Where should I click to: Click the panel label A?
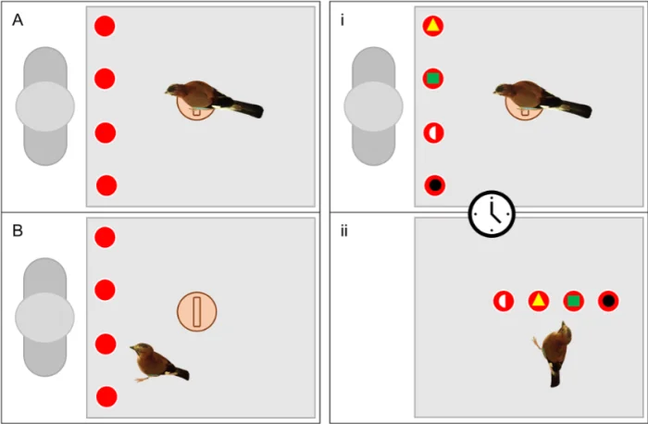click(x=18, y=19)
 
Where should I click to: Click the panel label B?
click(x=18, y=231)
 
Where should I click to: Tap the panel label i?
click(x=343, y=19)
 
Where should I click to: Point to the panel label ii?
click(x=343, y=231)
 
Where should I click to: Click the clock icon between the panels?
click(x=492, y=214)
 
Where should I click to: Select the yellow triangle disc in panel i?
click(x=432, y=26)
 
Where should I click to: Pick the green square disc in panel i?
click(x=432, y=79)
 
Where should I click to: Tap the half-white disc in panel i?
click(x=433, y=133)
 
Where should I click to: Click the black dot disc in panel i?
click(x=435, y=185)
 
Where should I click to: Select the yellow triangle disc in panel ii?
click(x=539, y=301)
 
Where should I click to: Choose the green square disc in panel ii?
click(x=573, y=301)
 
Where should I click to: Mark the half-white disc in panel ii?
click(x=504, y=301)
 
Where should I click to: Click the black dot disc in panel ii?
click(x=608, y=301)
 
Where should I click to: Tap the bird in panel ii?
click(x=554, y=354)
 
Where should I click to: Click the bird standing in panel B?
click(x=159, y=362)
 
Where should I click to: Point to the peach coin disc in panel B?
click(x=196, y=312)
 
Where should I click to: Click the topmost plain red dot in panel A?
click(x=105, y=26)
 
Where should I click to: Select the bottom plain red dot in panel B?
click(x=106, y=397)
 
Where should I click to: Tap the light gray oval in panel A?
click(x=45, y=106)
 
